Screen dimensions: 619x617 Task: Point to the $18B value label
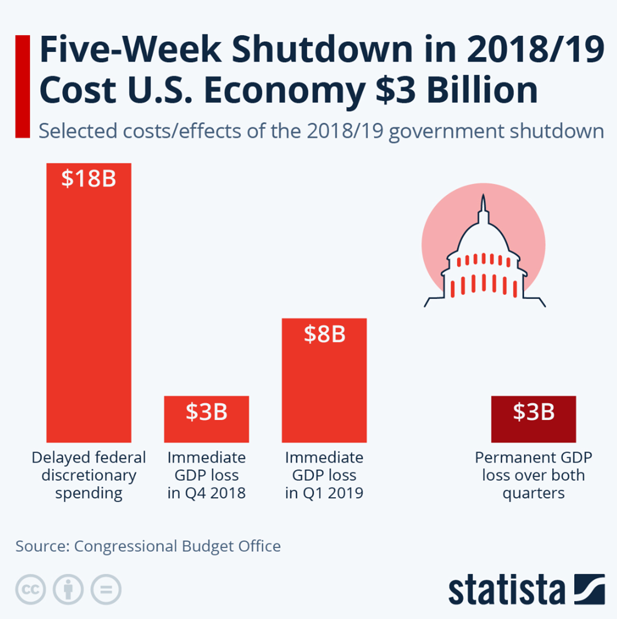pos(89,179)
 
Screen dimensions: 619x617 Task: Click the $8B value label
pos(324,334)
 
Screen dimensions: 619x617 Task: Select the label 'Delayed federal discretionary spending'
pos(89,475)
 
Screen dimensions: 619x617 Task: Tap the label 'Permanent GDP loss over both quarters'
pos(533,475)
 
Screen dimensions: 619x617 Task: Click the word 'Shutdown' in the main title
pos(321,50)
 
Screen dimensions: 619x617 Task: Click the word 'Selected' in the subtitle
pos(78,131)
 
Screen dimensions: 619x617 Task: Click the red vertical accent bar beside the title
pos(22,86)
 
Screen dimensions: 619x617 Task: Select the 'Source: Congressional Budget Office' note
pos(148,546)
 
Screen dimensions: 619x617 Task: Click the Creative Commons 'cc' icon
pos(31,589)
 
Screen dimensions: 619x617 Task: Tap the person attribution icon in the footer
pos(68,589)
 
